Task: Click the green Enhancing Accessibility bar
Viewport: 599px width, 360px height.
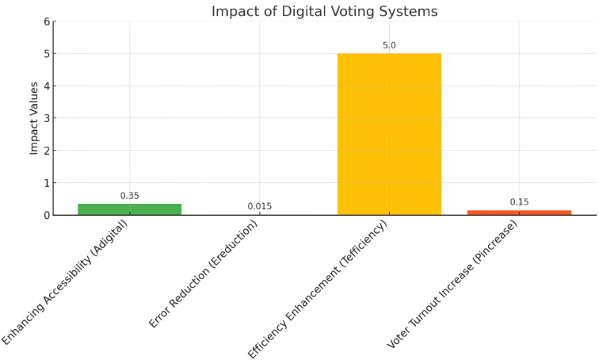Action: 129,209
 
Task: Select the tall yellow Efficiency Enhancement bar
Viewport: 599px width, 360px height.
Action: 389,135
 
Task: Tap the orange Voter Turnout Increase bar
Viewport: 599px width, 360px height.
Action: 519,213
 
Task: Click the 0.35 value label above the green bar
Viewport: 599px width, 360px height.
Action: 129,196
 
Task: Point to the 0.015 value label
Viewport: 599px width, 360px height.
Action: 259,206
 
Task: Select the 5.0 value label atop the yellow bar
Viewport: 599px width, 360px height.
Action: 389,45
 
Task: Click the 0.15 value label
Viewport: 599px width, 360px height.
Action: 519,202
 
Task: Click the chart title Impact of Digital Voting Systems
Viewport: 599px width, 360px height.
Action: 324,11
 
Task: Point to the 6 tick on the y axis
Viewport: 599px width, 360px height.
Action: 47,21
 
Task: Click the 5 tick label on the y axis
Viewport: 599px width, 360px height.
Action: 47,54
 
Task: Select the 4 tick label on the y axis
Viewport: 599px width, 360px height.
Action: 47,86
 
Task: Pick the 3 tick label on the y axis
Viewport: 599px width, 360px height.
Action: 47,118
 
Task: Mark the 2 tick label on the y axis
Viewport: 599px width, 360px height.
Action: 47,151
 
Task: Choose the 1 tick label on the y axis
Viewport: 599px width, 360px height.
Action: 47,183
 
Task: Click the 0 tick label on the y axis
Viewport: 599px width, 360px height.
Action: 47,215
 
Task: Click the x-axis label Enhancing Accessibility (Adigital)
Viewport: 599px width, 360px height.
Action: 65,282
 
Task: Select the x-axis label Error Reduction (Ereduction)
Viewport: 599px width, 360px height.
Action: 204,274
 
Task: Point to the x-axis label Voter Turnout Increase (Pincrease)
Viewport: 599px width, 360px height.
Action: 452,284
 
